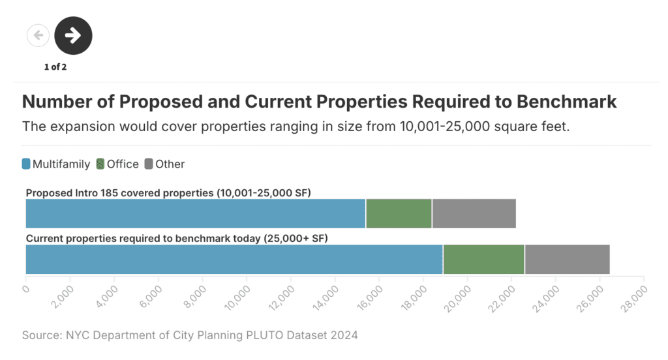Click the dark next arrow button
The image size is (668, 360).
tap(73, 35)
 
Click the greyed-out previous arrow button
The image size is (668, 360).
tap(38, 35)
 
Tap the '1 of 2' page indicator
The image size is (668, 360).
tap(55, 67)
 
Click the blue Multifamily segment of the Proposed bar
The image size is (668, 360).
tap(195, 214)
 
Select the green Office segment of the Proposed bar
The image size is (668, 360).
tap(399, 214)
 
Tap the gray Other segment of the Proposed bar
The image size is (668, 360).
tap(474, 214)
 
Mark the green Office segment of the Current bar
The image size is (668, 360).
tap(483, 260)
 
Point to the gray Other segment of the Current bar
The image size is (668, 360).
tap(567, 260)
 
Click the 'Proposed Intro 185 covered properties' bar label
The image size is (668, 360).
tap(168, 193)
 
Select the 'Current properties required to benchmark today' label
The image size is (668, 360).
tap(176, 239)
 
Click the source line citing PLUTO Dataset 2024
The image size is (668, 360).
tap(190, 335)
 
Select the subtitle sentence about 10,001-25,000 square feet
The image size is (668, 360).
tap(296, 126)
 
